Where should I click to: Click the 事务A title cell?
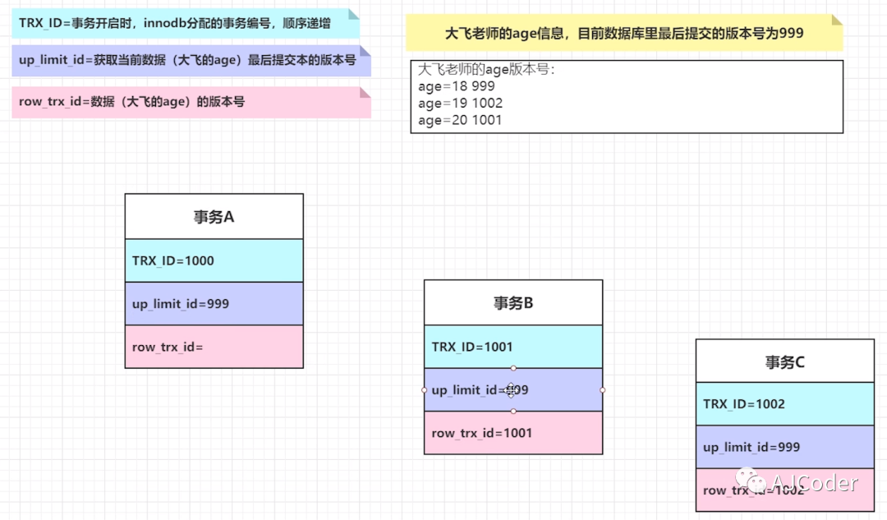pos(214,217)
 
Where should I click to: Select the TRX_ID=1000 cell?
pos(214,260)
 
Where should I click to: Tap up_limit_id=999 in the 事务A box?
pos(214,304)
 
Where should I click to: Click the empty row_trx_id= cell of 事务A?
pos(214,347)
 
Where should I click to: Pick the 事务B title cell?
pos(513,303)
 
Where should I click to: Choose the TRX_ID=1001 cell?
pos(513,347)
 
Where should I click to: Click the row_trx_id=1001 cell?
pos(513,433)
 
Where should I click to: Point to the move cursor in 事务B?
pos(511,389)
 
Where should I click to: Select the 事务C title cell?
pos(784,361)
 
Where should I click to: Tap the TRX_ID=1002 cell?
pos(784,404)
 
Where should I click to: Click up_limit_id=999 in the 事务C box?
pos(784,447)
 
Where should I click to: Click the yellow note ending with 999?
pos(623,34)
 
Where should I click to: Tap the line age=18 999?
pos(457,86)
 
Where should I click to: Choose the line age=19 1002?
pos(460,104)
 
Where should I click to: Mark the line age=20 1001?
pos(460,120)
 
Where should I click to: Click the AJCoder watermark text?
pos(814,483)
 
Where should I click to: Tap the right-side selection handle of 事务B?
pos(603,389)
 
